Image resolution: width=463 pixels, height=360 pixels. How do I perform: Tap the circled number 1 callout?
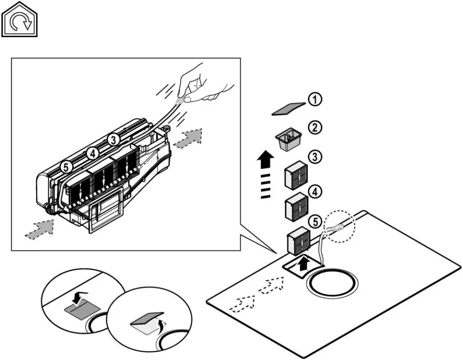point(314,99)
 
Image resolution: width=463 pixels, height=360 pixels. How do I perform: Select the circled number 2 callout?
point(314,127)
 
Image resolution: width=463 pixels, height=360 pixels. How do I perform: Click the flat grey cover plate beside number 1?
point(288,109)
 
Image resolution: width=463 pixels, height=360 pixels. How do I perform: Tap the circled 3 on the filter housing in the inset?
point(113,140)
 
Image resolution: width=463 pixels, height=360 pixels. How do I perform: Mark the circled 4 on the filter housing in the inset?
point(92,153)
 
